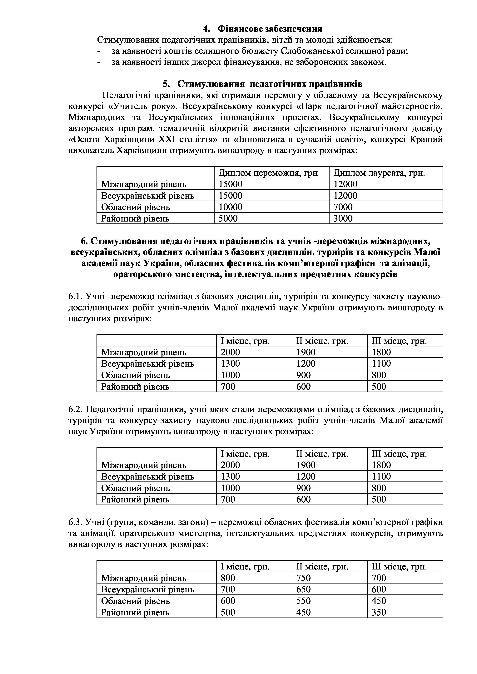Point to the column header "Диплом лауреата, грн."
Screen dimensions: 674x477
tap(379, 173)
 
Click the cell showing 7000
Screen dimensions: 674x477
tap(343, 207)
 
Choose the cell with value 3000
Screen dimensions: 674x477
tap(343, 219)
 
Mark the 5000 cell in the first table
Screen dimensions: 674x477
tap(228, 219)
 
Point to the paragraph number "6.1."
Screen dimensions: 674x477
tap(76, 297)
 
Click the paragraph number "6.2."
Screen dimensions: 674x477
tap(76, 410)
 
